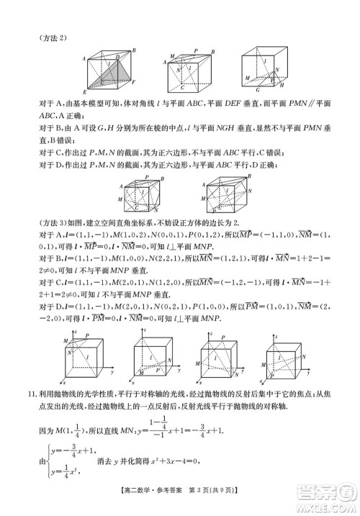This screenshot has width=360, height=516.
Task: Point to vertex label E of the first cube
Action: (x=86, y=92)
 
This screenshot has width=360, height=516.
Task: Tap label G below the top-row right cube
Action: (x=257, y=91)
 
